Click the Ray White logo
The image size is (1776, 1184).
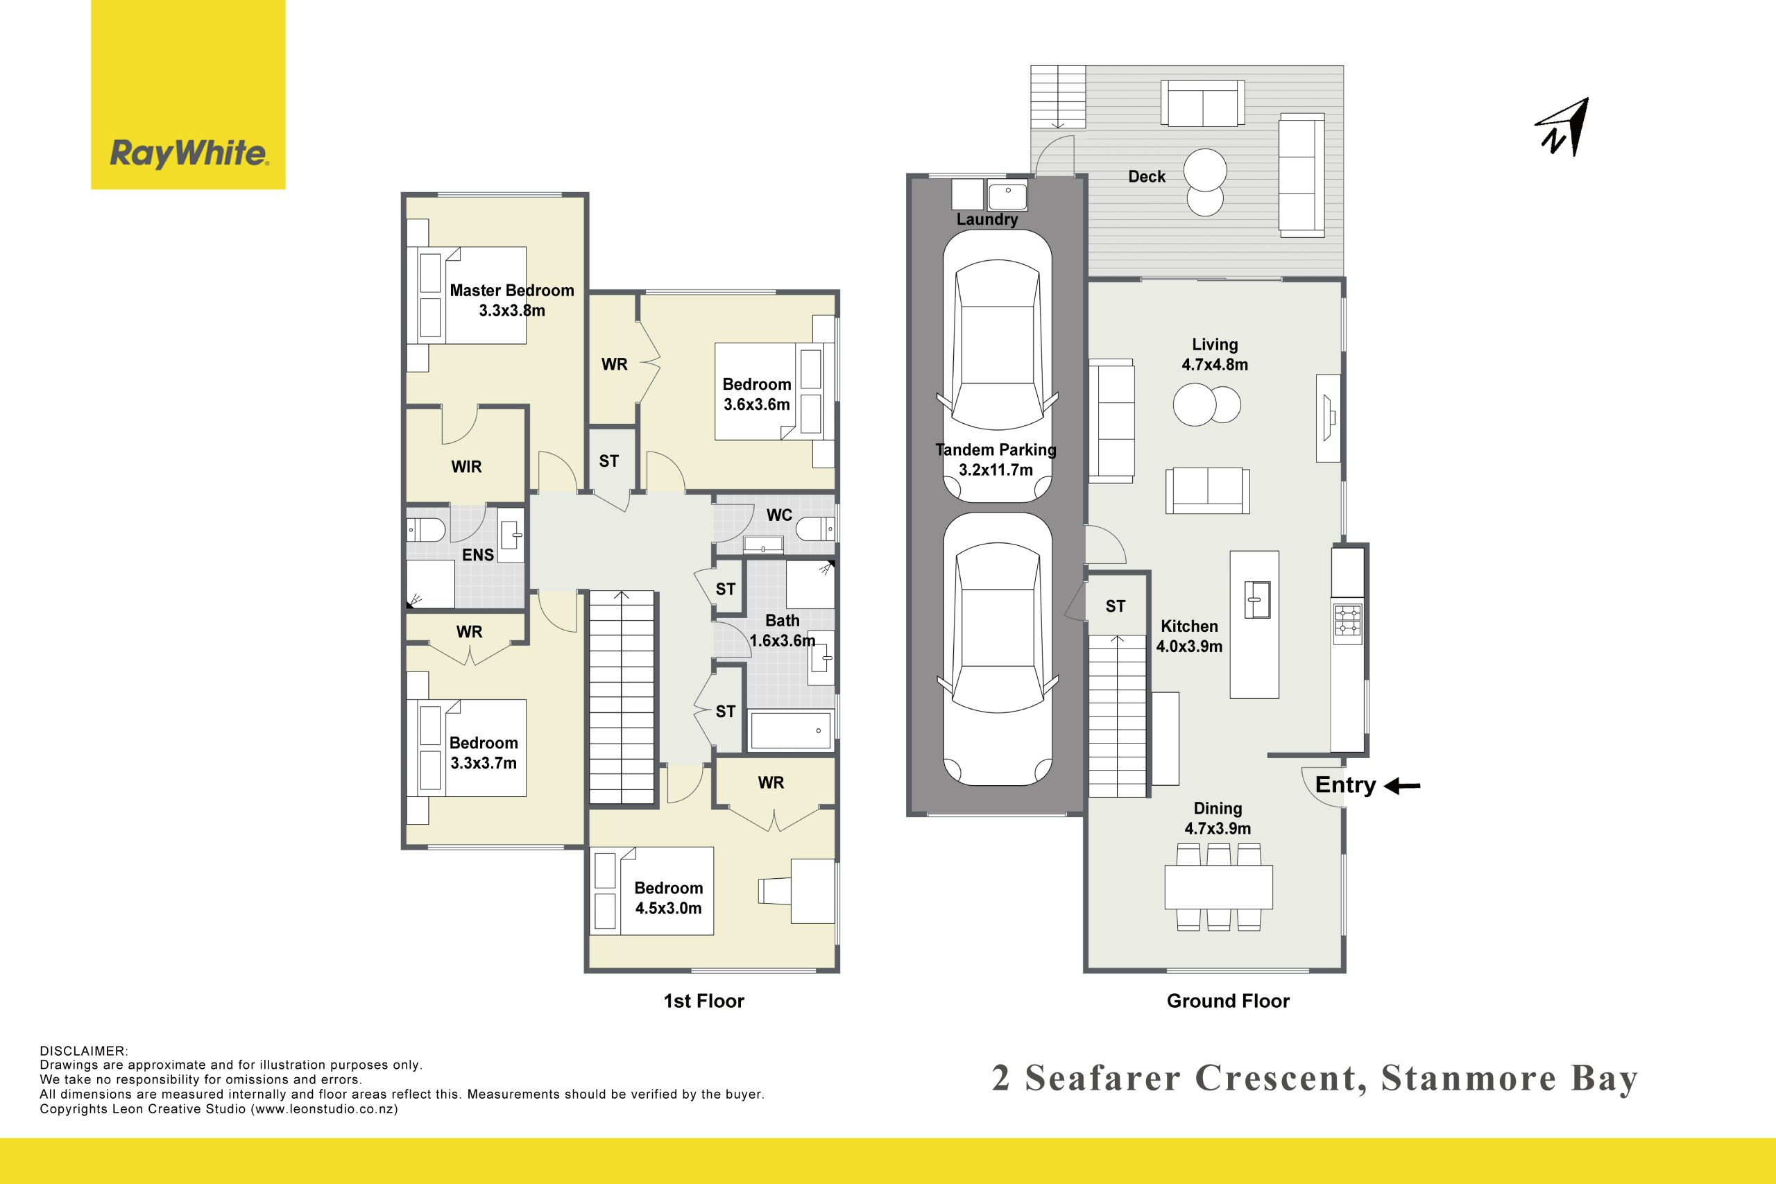click(188, 94)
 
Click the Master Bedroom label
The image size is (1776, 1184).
click(512, 291)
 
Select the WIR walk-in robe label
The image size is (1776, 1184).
click(467, 467)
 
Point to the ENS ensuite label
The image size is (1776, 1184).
click(478, 555)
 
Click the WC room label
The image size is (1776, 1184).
click(779, 515)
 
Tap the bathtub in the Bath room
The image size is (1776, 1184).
click(792, 730)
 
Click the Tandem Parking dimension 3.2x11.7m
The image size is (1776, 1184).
click(996, 470)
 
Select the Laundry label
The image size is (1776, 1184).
click(987, 219)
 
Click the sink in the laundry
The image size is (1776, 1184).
click(1007, 195)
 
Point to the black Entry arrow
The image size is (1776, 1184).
click(1402, 786)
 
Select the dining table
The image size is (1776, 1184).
click(1219, 886)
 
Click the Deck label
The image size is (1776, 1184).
click(1147, 177)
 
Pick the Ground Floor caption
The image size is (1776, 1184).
click(1229, 1002)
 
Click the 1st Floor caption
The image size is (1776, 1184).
click(703, 1002)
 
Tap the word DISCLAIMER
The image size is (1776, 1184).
click(84, 1051)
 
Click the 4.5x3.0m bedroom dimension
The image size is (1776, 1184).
click(668, 909)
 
